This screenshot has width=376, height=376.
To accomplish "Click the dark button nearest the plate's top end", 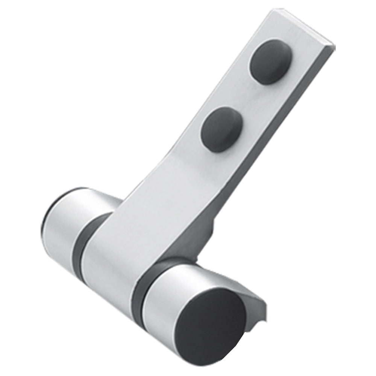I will coord(271,62).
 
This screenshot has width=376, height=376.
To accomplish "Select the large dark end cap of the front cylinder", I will coord(211,327).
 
